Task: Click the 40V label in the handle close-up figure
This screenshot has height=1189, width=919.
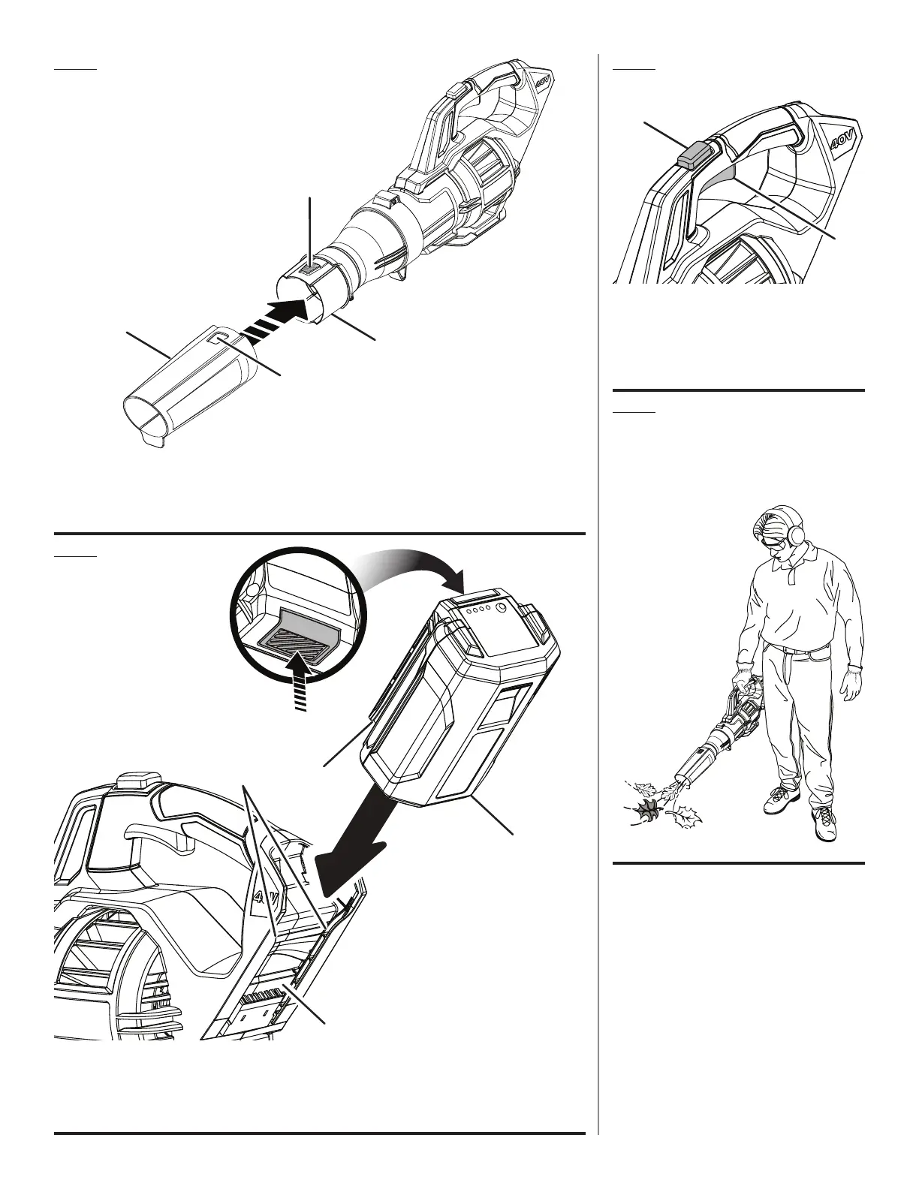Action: pyautogui.click(x=848, y=141)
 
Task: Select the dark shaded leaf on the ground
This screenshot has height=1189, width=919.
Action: pyautogui.click(x=645, y=810)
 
